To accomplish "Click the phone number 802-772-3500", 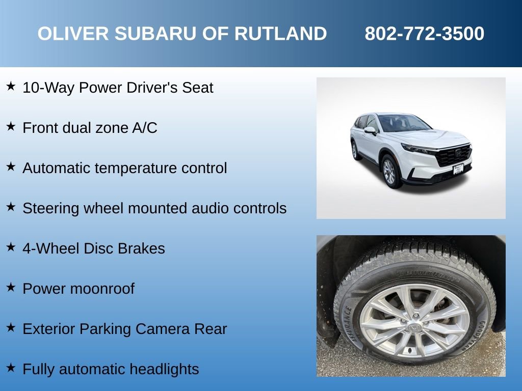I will [424, 34].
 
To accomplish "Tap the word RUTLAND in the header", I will [280, 34].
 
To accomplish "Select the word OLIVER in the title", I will [73, 34].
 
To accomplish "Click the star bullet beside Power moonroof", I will [11, 288].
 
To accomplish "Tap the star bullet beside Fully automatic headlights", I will [11, 368].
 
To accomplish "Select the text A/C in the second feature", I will [144, 128].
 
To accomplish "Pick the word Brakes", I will [141, 248].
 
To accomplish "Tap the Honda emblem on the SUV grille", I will [458, 152].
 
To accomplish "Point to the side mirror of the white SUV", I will [370, 131].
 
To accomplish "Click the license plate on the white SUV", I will [458, 169].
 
